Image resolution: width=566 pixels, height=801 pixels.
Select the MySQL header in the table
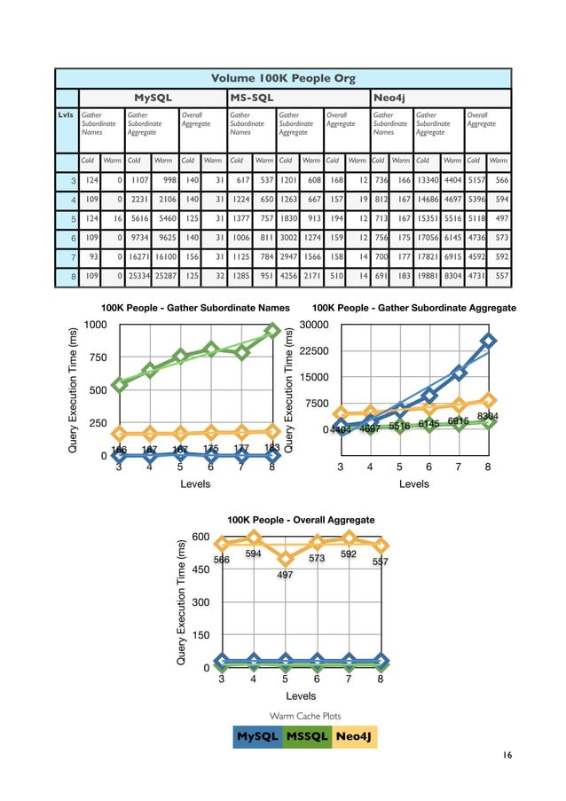tap(152, 97)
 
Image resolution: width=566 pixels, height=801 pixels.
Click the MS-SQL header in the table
tap(251, 97)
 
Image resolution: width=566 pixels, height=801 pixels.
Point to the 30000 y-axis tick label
tap(316, 325)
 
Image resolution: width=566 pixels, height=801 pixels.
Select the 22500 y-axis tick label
tap(316, 351)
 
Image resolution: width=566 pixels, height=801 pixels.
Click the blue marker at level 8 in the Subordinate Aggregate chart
tap(489, 341)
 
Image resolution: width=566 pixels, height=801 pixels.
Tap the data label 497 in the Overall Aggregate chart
tap(285, 576)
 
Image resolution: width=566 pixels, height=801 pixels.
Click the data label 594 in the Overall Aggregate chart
tap(253, 553)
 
